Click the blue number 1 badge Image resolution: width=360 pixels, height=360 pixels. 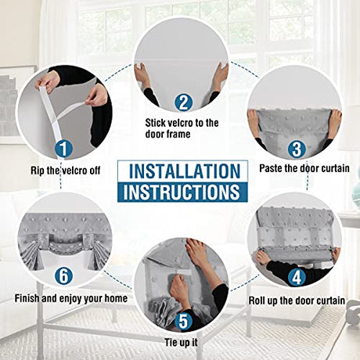(63, 149)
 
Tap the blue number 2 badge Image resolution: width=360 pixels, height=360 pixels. (183, 103)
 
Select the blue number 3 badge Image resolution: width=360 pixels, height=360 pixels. (297, 149)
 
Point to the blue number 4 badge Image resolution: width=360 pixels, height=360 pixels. (297, 278)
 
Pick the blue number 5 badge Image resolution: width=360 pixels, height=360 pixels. (183, 322)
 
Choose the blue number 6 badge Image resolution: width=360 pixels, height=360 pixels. (63, 276)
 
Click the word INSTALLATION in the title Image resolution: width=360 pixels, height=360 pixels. (185, 171)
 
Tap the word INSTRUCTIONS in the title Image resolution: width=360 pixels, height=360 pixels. (182, 193)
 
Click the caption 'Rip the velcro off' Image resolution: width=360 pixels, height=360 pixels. (66, 171)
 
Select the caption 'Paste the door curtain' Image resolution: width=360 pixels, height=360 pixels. (304, 168)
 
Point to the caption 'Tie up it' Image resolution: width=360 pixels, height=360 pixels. (181, 343)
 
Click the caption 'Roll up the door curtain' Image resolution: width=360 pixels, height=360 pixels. (297, 301)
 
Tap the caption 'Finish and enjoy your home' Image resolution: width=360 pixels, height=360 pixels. (71, 298)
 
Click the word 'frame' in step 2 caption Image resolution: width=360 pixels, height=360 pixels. (178, 134)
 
